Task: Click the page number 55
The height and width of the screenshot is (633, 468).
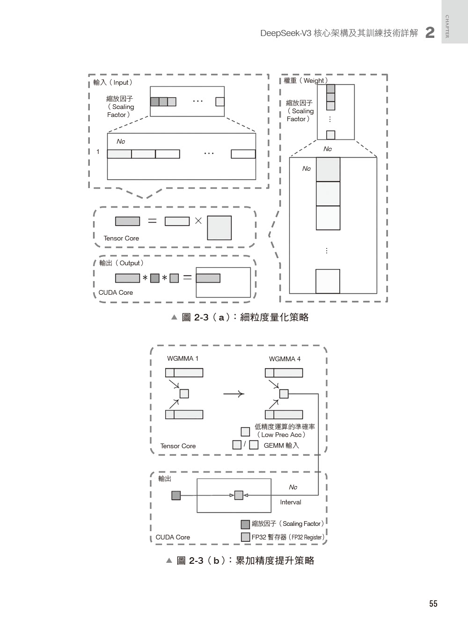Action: click(433, 604)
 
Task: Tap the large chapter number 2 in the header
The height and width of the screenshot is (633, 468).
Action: click(430, 33)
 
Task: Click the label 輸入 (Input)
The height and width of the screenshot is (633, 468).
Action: click(113, 82)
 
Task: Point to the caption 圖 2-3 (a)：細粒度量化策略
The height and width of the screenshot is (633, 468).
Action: click(240, 317)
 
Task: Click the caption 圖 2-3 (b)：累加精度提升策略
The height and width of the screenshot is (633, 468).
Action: click(240, 560)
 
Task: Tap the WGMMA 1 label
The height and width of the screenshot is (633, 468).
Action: click(183, 359)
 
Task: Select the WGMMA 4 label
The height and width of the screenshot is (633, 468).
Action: click(285, 359)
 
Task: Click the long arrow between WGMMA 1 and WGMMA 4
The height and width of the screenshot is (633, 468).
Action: click(234, 394)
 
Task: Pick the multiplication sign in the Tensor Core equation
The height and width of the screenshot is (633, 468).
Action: click(198, 221)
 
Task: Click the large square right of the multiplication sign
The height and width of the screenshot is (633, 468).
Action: click(219, 228)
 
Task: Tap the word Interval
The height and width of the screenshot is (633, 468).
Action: click(291, 502)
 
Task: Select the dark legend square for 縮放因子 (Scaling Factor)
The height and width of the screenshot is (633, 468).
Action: click(245, 524)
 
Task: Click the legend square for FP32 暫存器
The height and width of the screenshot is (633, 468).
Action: click(245, 537)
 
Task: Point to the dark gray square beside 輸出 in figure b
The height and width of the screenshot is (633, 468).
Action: click(176, 495)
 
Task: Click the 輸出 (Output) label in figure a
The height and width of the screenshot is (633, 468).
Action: click(121, 263)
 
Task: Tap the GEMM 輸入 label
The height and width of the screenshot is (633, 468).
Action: click(281, 445)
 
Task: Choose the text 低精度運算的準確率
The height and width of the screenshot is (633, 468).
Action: click(285, 427)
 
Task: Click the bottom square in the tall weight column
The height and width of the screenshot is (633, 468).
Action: click(328, 281)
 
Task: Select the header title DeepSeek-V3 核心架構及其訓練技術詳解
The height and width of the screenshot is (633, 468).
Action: click(339, 33)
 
